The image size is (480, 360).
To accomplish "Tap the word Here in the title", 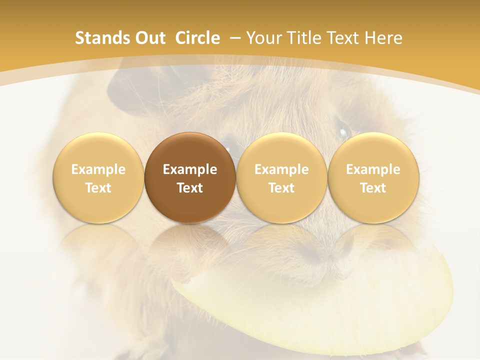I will click(x=383, y=38).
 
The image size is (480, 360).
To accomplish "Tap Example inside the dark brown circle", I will click(x=190, y=169).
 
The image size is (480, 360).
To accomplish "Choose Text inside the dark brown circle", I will click(x=190, y=188).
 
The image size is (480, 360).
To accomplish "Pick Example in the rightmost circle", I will click(x=373, y=169).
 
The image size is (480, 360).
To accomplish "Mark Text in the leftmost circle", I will click(x=98, y=188).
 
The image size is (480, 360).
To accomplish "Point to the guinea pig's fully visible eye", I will click(x=344, y=131).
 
